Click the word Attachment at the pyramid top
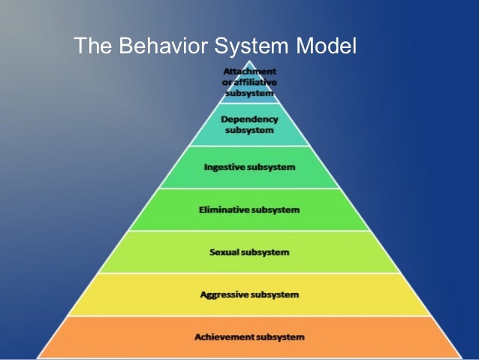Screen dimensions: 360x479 point(249,71)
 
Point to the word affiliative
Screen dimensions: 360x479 point(258,81)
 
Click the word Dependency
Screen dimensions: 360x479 point(249,119)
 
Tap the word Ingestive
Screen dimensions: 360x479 point(225,166)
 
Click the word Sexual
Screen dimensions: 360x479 point(224,252)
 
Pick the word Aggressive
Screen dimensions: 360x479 point(224,295)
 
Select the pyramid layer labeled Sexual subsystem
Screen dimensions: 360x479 point(150,252)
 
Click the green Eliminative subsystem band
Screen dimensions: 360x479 point(173,209)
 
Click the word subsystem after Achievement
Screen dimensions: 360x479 point(281,337)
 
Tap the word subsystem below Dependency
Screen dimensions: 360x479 point(249,130)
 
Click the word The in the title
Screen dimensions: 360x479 point(90,47)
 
